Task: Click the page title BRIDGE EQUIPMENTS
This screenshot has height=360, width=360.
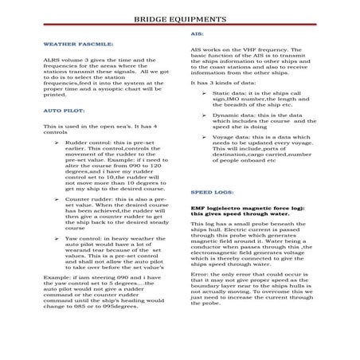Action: coord(179,17)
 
